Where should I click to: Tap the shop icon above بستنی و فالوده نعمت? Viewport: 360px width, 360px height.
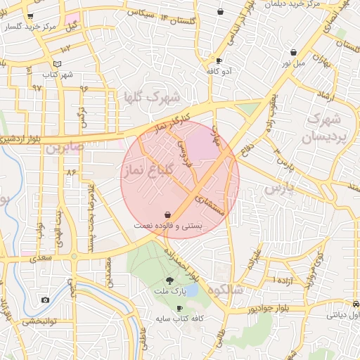point(167,214)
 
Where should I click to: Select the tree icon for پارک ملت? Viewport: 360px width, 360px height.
point(168,279)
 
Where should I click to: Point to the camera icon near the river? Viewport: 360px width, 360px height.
point(46,300)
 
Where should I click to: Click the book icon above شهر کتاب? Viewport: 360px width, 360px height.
point(58,64)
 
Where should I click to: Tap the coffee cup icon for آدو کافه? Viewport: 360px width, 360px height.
point(219,61)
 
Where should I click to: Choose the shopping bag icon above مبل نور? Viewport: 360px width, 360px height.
point(293,52)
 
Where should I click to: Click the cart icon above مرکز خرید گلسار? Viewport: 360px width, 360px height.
point(30,16)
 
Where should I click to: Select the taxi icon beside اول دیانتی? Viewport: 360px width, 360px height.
point(355,304)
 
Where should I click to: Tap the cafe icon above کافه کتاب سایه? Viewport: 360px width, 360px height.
point(179,309)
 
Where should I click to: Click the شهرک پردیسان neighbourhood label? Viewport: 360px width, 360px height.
point(324,127)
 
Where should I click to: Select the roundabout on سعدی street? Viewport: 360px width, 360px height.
point(74,256)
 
